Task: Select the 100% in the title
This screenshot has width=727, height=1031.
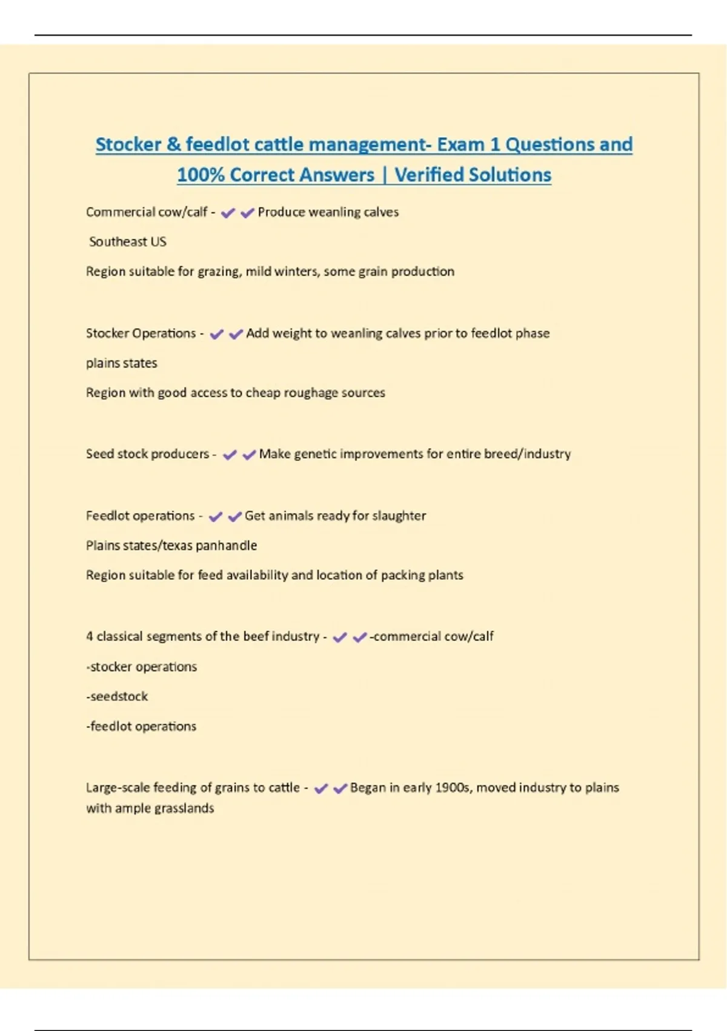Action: pyautogui.click(x=201, y=175)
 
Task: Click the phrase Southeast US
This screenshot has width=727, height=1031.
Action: pyautogui.click(x=127, y=241)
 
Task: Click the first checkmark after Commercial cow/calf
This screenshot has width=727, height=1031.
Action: pyautogui.click(x=228, y=212)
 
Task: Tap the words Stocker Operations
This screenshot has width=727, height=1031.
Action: pyautogui.click(x=141, y=333)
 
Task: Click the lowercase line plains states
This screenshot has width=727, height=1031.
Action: pyautogui.click(x=121, y=363)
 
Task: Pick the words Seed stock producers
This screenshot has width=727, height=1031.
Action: pyautogui.click(x=147, y=454)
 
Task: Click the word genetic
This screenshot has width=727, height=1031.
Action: pyautogui.click(x=315, y=454)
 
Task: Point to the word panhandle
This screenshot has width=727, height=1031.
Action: pyautogui.click(x=226, y=545)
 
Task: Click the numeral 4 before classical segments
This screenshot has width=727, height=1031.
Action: pyautogui.click(x=90, y=636)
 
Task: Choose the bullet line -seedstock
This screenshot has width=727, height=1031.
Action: pyautogui.click(x=117, y=696)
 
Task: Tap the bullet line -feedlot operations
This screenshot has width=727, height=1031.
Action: pyautogui.click(x=141, y=726)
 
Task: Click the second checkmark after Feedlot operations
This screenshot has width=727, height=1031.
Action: pyautogui.click(x=234, y=516)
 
